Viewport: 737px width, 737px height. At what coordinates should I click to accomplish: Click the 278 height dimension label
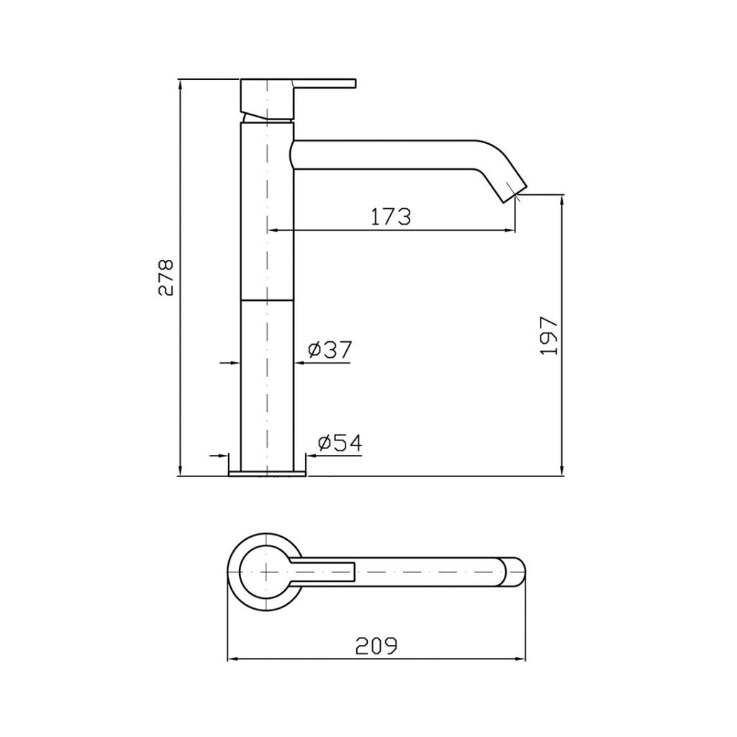pos(166,277)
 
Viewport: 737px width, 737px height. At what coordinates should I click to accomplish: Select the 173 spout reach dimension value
pos(391,216)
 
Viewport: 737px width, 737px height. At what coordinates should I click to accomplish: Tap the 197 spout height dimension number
pos(549,335)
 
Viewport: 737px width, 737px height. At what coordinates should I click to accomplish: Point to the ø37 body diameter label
pos(330,350)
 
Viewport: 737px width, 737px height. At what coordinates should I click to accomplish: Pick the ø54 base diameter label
pos(338,443)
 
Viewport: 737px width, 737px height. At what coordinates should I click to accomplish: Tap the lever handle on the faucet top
pos(324,83)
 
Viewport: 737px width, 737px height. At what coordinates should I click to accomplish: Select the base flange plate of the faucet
pos(267,474)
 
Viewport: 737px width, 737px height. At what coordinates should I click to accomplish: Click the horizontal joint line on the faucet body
pos(267,298)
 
